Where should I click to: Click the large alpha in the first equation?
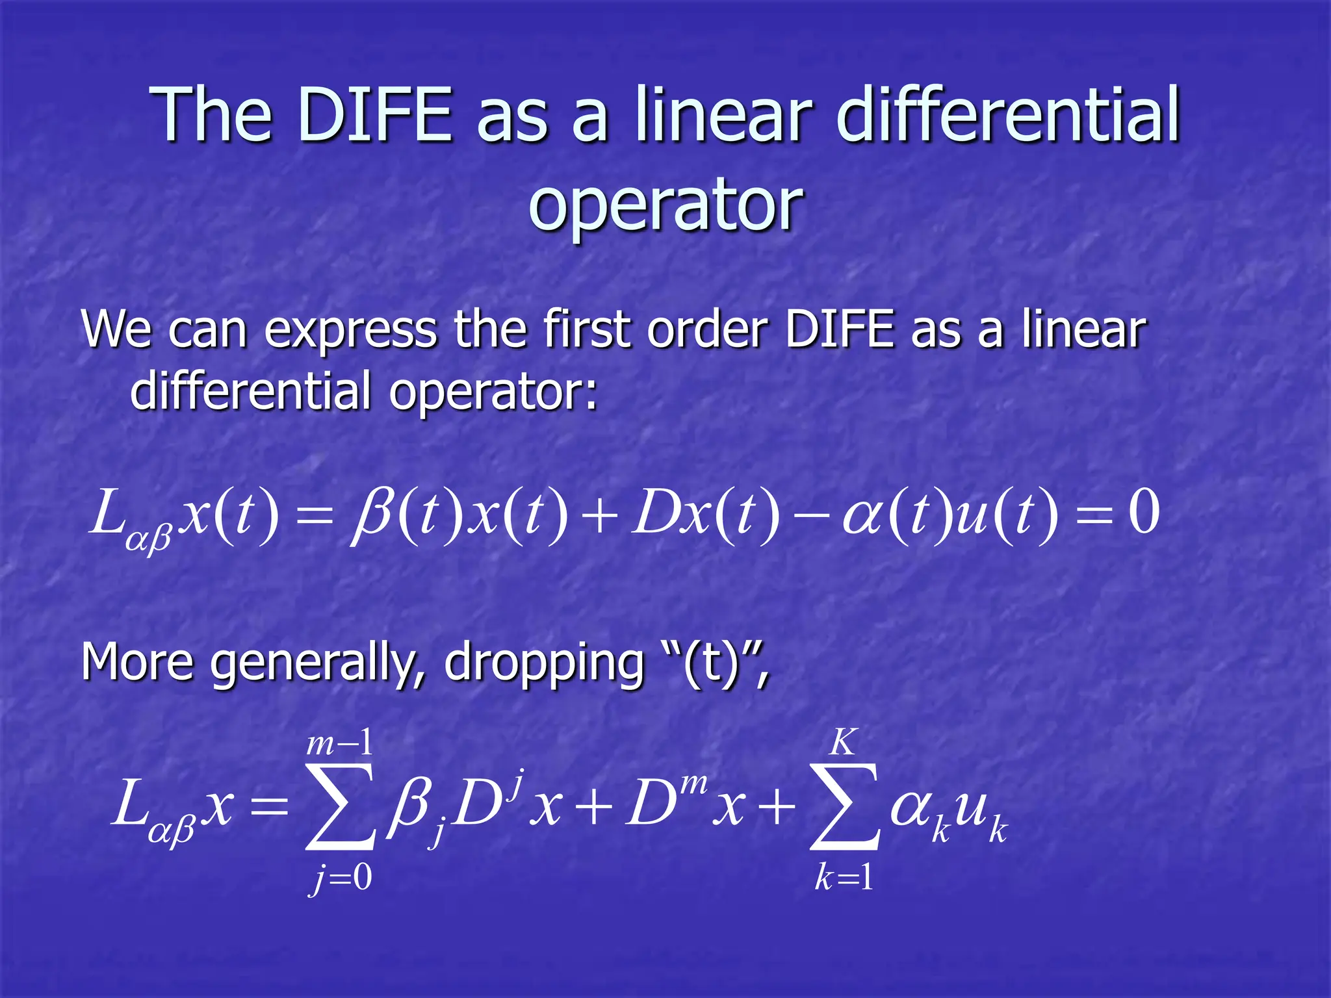pos(862,517)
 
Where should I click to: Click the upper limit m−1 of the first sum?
pos(340,743)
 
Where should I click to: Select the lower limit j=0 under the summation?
pos(341,879)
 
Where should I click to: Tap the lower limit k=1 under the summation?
pos(844,879)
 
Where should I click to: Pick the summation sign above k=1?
pos(844,808)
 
